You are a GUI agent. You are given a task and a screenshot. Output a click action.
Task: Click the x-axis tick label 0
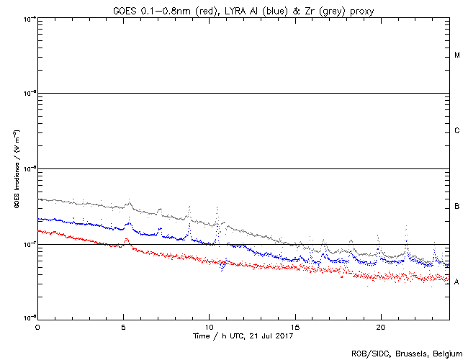click(37, 326)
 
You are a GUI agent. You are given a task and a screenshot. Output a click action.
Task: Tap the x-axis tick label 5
click(123, 326)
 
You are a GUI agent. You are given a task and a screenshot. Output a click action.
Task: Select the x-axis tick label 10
click(209, 326)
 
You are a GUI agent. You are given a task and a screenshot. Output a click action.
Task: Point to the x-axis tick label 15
click(294, 326)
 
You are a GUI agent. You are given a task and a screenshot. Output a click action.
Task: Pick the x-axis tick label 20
click(380, 326)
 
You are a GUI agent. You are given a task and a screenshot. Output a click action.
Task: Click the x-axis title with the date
click(243, 335)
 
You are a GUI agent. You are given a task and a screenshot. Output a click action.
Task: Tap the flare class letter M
click(457, 55)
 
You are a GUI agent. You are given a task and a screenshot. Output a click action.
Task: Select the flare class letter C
click(457, 131)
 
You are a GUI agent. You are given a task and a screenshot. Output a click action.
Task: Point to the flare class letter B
click(457, 207)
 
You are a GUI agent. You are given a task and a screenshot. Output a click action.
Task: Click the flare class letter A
click(457, 282)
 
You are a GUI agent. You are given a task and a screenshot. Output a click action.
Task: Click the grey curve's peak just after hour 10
click(217, 207)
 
